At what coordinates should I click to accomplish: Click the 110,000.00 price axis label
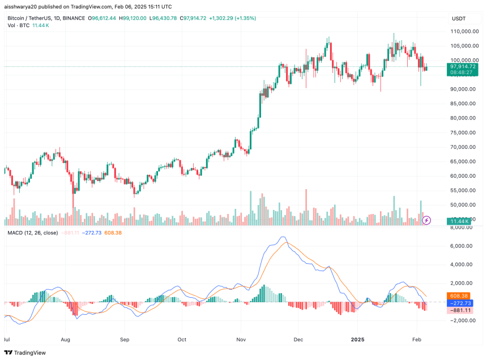tap(463, 31)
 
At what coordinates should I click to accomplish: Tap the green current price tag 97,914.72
tap(463, 66)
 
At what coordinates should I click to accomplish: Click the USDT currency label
tap(458, 19)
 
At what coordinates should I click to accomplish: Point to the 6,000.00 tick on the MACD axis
tap(462, 246)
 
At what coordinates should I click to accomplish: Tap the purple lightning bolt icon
tap(428, 219)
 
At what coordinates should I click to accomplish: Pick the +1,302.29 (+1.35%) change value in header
tap(232, 19)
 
